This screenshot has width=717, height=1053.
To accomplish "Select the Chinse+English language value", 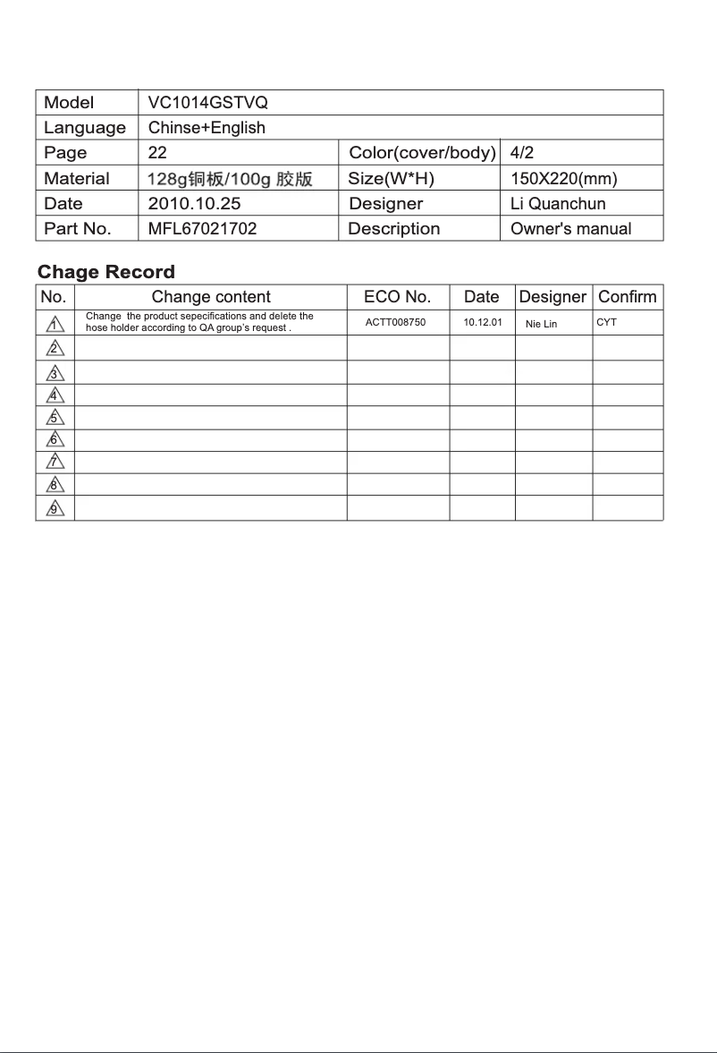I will point(207,128).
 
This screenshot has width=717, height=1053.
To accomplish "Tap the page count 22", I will point(157,153).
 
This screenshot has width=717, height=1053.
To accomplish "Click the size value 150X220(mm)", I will point(563,179).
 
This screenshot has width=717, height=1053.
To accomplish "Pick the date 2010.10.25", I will point(194,203).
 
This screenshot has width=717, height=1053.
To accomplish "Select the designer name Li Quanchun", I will point(558,204).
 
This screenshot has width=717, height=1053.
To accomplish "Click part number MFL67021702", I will point(202,229).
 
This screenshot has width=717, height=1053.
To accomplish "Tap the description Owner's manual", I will point(570,229).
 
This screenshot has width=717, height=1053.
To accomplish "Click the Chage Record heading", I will point(106,272).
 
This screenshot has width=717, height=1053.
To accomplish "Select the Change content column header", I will point(211,297).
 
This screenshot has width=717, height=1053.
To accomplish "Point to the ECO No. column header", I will point(397,297).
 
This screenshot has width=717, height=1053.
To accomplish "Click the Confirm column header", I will point(627,297).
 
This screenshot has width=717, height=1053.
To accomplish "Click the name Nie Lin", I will point(541,324).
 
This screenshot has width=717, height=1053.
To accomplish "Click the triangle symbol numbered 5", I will point(55,418).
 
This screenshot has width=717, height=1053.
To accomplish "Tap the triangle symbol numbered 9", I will point(55,508).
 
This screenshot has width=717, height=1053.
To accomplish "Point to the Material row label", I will point(77,179).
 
